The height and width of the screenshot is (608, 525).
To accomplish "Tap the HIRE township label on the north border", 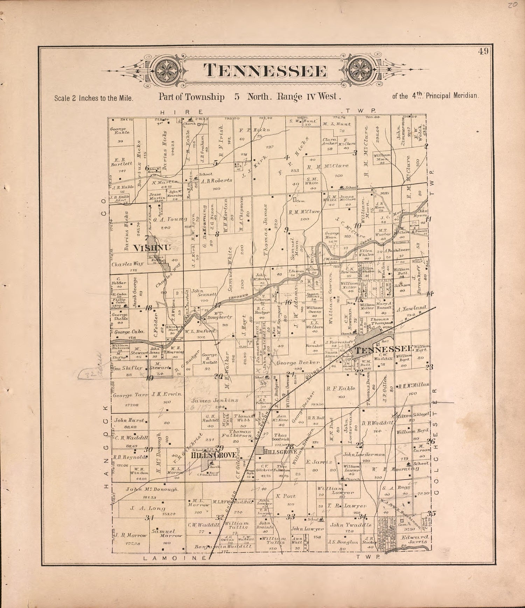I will (182, 112).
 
